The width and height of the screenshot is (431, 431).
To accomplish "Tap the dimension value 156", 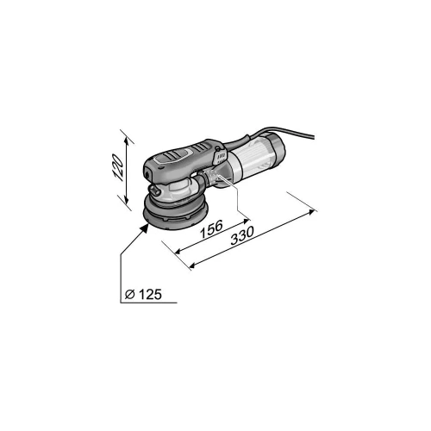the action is (212, 229).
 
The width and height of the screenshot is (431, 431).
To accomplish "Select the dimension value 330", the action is (242, 235).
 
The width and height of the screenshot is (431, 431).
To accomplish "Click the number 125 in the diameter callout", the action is (151, 294).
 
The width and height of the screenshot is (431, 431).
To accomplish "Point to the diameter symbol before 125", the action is (130, 295).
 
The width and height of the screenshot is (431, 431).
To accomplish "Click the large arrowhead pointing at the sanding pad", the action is (145, 228).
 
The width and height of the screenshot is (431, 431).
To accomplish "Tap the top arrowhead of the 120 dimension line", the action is (127, 141).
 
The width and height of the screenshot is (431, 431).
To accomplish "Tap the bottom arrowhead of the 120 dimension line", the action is (126, 199).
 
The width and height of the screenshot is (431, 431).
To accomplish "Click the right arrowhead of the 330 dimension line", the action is (311, 212).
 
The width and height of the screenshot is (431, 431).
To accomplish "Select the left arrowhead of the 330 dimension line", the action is (192, 265).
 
